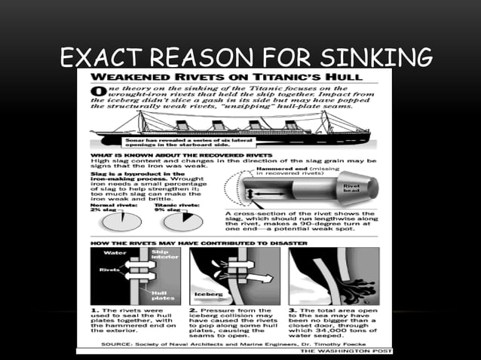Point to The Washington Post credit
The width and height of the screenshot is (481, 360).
coord(343,350)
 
